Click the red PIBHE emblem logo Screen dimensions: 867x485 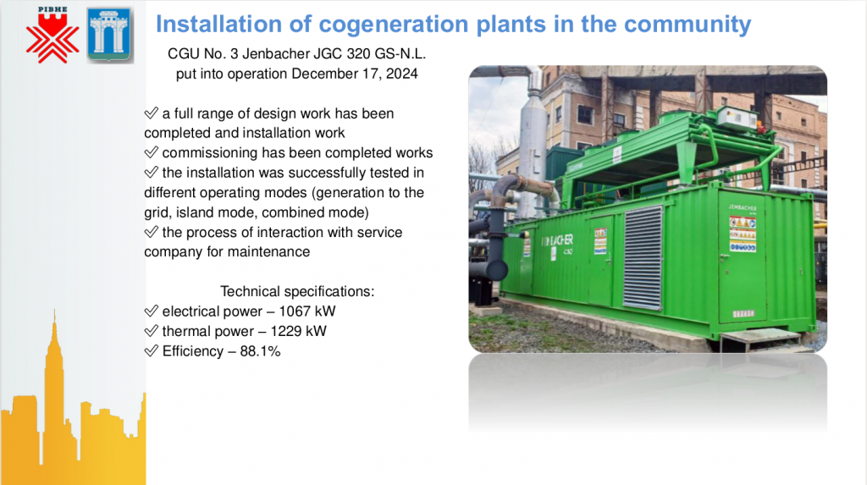52,36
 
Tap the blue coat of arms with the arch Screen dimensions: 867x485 109,35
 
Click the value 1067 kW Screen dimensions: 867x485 306,311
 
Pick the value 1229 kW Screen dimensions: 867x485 298,331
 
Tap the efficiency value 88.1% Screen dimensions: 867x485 260,351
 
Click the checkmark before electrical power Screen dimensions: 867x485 151,311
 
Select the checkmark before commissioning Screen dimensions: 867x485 151,152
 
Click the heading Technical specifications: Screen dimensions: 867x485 297,291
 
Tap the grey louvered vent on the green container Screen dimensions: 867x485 643,257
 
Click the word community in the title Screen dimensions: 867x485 688,25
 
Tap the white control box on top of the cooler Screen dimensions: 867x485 737,118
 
